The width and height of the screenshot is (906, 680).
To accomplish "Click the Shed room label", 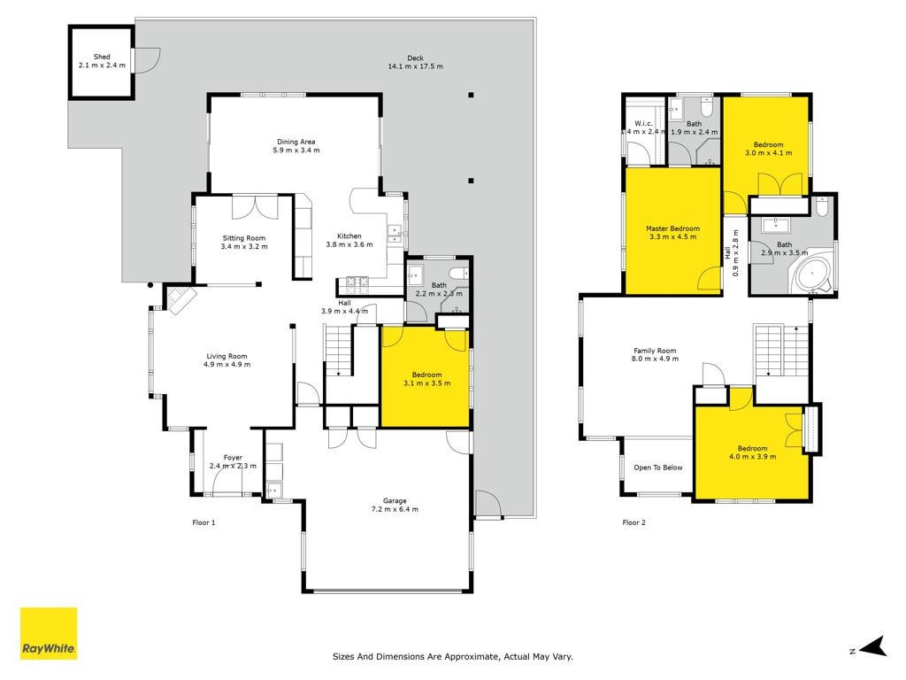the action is pos(102,57).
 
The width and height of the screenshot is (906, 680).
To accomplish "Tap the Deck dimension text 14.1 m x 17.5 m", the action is pos(416,66).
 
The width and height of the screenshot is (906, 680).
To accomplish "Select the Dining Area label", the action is pos(296,142).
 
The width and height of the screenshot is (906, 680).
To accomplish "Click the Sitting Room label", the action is pos(244,237).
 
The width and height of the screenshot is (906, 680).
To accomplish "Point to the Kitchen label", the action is pos(349,236).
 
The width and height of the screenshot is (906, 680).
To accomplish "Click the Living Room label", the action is pos(226,356).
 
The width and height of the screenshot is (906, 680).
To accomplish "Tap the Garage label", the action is pos(395,501).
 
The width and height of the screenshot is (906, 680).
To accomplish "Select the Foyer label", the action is pos(233,458).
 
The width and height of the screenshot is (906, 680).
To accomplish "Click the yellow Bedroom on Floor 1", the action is pos(426,377).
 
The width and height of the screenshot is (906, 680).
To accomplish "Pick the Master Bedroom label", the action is pos(672,228).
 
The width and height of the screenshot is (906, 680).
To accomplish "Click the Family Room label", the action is pos(655,351).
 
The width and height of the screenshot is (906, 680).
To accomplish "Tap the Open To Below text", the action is pos(658,467).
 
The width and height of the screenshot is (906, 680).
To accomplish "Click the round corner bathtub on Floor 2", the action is pos(813,276).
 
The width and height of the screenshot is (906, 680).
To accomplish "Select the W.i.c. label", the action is pos(643,123).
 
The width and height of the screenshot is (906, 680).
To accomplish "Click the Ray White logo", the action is pos(49,633).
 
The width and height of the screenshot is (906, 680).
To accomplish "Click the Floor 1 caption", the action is pos(203,522).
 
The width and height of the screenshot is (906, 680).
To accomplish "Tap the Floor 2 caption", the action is pos(633,522).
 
